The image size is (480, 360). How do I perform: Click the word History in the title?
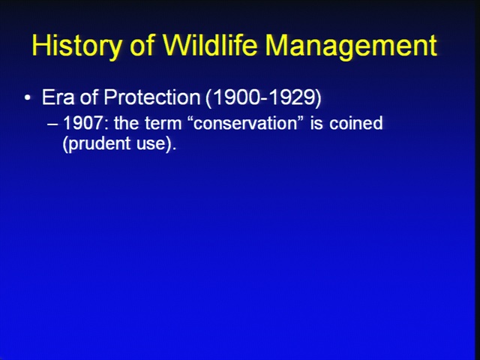[x=76, y=46]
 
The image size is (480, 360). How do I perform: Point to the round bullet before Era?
[x=28, y=98]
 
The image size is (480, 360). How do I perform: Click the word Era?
[x=58, y=97]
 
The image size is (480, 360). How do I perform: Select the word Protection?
[x=151, y=97]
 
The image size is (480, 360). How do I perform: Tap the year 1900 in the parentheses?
[x=233, y=98]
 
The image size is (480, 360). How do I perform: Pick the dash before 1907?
[x=52, y=124]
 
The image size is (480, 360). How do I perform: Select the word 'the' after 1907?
[x=126, y=123]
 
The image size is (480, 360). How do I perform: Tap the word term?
[x=163, y=123]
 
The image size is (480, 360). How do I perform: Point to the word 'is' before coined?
[x=316, y=123]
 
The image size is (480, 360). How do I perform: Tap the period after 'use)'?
[x=174, y=148]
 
